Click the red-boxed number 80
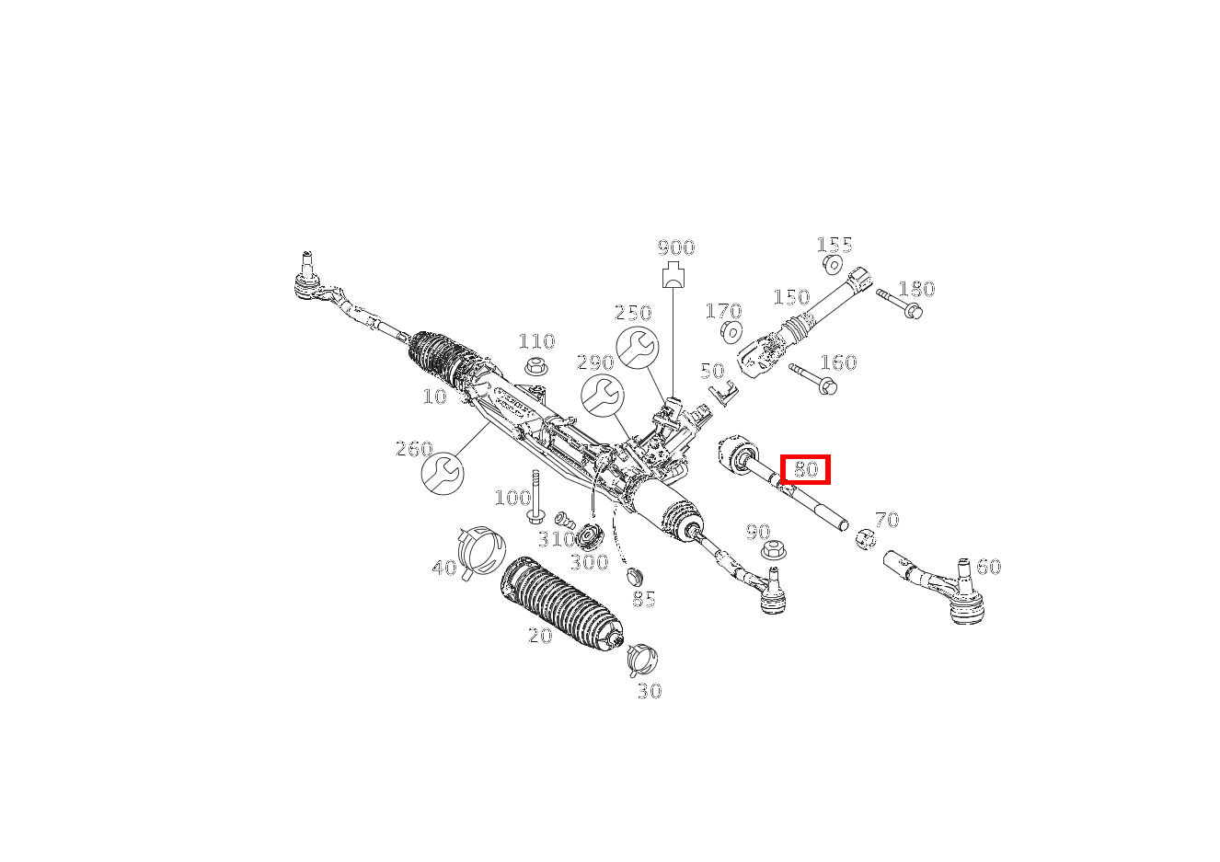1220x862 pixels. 806,469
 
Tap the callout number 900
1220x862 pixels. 676,247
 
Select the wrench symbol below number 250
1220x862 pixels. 638,348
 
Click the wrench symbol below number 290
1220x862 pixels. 602,396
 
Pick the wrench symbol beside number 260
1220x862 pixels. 443,473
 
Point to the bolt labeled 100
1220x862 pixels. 535,497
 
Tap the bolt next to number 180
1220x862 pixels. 900,304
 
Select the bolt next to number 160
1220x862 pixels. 813,378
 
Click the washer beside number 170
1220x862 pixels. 731,331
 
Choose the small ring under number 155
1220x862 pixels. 833,264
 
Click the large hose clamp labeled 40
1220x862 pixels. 481,550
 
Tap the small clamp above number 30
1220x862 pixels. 642,660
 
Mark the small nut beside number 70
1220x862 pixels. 866,539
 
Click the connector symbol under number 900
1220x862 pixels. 673,274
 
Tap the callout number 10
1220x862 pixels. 434,397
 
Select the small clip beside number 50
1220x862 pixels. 723,393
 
